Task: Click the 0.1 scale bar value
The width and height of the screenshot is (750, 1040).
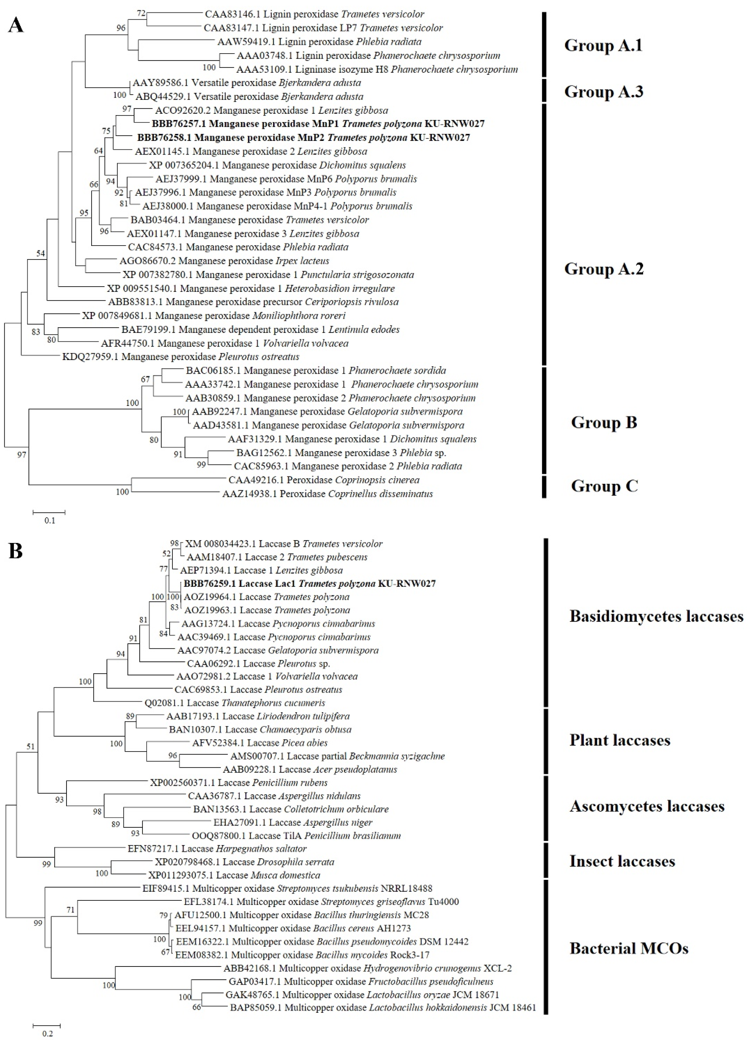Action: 49,520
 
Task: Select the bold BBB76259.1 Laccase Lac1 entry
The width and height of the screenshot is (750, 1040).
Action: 309,584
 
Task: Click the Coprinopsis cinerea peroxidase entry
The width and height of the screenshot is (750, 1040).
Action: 324,480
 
